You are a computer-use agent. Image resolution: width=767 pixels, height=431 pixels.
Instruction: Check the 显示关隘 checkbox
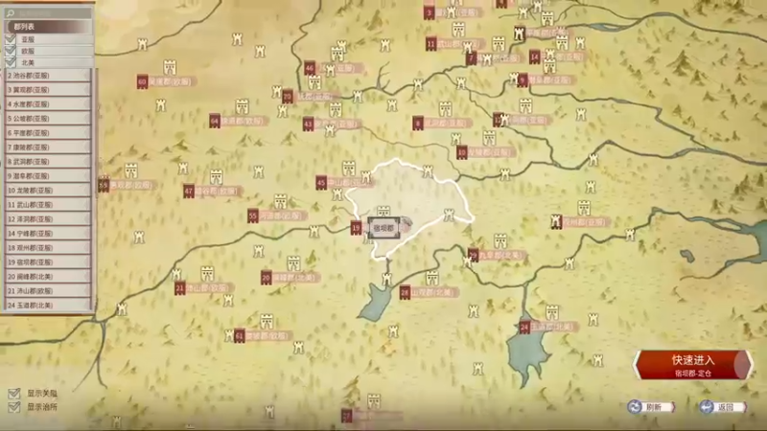13,394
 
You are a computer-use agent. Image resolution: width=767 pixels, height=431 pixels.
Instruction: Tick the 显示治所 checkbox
13,407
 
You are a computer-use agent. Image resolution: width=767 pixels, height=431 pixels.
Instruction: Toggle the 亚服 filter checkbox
11,39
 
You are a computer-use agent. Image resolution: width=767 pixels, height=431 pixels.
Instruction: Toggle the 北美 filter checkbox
11,62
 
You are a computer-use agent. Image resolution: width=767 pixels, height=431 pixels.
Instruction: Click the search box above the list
48,14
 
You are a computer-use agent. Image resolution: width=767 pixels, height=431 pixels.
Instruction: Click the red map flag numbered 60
142,82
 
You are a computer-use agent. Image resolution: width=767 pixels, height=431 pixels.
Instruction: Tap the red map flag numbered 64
215,122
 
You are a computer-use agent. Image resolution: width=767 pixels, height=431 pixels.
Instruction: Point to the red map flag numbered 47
189,192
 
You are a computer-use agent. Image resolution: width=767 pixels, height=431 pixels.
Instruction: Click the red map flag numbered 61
240,336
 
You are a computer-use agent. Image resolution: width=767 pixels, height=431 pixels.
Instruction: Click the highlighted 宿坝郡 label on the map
383,228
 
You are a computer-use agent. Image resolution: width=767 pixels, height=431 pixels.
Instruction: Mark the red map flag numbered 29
473,255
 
